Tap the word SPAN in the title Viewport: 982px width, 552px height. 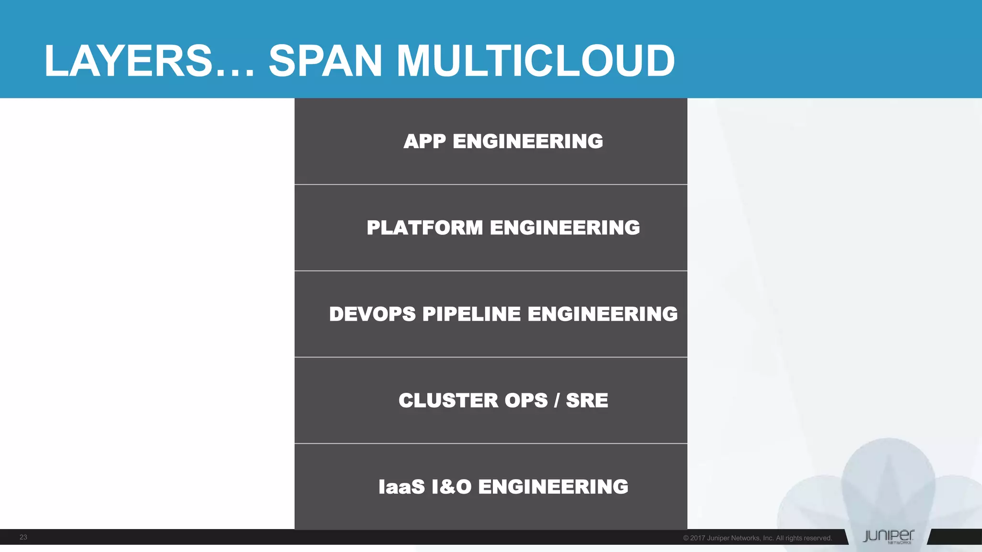pos(325,61)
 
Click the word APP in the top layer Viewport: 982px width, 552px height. pos(425,141)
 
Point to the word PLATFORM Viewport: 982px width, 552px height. pos(425,228)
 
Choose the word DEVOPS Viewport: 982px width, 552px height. pos(373,314)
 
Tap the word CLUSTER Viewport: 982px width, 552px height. pos(449,401)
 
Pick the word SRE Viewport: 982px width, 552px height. pos(587,401)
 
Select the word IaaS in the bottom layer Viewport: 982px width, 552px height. pos(402,487)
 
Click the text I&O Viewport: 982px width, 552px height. pos(452,487)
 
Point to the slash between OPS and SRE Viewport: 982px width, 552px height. pos(557,401)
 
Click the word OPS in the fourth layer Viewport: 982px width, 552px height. pos(526,401)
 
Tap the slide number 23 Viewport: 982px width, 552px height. pos(23,537)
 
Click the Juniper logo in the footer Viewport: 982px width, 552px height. pos(888,537)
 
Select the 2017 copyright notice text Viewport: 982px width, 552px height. pos(757,538)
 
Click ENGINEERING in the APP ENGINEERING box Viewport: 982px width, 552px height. pos(528,141)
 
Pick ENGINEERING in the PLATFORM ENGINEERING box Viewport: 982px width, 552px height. pos(565,228)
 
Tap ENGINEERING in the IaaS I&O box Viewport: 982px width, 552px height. pos(553,487)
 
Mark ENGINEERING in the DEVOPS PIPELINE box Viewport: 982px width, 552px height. pos(603,314)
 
